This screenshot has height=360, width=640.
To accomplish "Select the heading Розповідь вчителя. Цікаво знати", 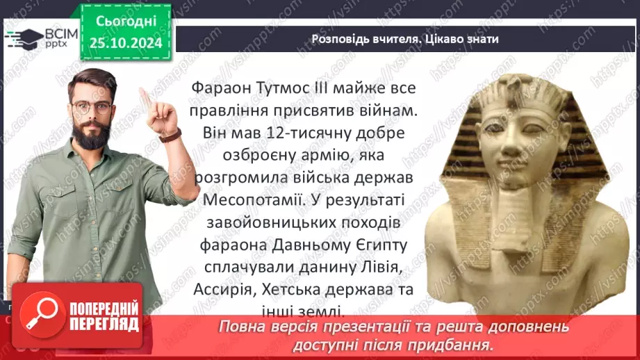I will pos(404,39).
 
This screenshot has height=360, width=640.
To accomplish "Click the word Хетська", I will pos(305,289).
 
